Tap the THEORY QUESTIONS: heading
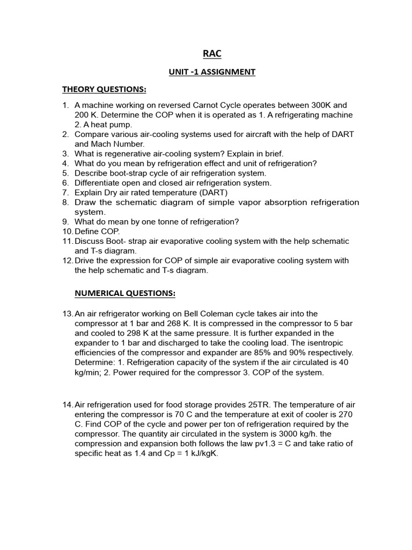104,89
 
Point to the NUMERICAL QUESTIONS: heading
124,294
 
